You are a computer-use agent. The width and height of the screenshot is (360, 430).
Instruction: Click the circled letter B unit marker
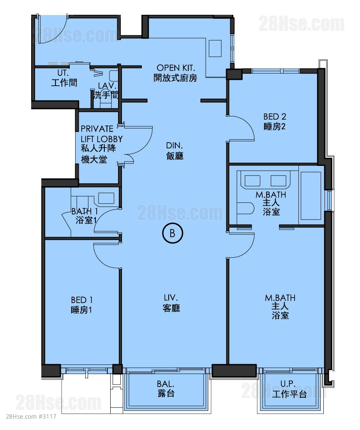(x=172, y=233)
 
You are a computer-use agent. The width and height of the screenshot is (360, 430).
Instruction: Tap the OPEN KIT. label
(x=176, y=68)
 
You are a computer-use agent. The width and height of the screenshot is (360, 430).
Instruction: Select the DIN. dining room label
(x=174, y=145)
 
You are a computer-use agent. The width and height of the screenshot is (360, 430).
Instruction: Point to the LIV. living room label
(x=171, y=298)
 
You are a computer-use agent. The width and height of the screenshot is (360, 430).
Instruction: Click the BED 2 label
(x=275, y=116)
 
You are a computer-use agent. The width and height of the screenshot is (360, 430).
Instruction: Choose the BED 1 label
(x=81, y=300)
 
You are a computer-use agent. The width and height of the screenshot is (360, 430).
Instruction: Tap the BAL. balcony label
(x=165, y=384)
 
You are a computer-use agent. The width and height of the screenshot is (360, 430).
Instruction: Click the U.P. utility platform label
(x=288, y=383)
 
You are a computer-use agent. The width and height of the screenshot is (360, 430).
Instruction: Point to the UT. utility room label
(x=63, y=73)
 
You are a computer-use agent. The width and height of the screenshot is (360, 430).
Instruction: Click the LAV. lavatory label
(x=107, y=86)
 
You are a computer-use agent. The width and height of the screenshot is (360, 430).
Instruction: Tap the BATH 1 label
(x=85, y=211)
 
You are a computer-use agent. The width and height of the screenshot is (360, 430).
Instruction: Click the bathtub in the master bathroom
(x=311, y=196)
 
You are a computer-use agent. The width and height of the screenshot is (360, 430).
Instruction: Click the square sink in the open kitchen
(x=215, y=48)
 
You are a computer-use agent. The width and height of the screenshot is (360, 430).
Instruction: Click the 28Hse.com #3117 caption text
(x=31, y=416)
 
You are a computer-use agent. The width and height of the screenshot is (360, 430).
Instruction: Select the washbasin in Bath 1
(x=106, y=198)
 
